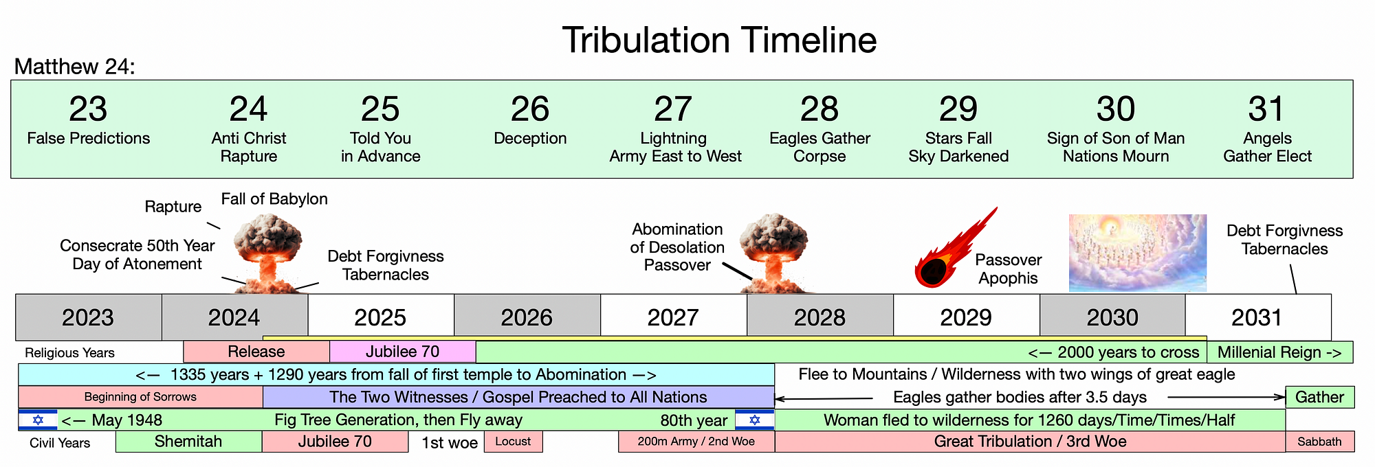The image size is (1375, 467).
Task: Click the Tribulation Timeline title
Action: tap(719, 40)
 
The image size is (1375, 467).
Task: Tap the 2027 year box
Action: tap(674, 317)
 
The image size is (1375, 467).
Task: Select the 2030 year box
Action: tap(1112, 317)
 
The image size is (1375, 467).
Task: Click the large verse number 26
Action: tap(530, 109)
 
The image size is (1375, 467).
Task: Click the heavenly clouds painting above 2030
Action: tap(1138, 253)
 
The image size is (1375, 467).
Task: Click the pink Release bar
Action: tap(256, 352)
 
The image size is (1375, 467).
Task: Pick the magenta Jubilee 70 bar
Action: tap(403, 352)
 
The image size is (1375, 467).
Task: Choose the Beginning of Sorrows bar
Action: tap(140, 397)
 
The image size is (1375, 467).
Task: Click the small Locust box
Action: tap(514, 442)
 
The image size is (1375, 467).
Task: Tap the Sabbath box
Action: tap(1320, 442)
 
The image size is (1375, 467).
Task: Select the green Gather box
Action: tap(1320, 397)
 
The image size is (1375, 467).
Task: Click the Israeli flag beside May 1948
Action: tap(38, 420)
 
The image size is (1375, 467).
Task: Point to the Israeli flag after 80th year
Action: tap(755, 420)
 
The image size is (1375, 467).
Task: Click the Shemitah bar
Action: tap(189, 442)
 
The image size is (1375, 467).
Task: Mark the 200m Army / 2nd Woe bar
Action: tap(696, 442)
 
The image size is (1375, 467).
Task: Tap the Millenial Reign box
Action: tap(1280, 352)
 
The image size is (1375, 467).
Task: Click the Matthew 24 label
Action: tap(74, 67)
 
